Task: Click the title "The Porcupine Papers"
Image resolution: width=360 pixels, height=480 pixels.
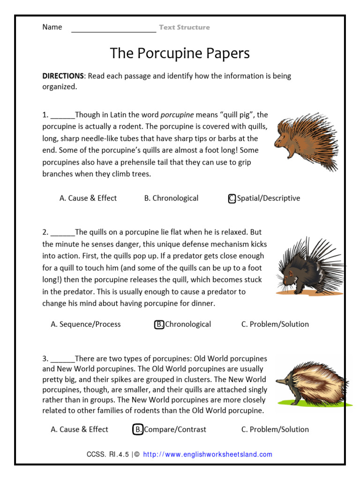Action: coord(180,53)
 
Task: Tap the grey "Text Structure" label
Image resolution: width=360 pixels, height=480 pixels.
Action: coord(184,27)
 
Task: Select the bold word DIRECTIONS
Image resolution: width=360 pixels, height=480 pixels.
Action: coord(63,76)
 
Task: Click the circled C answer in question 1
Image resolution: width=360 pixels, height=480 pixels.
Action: coord(232,198)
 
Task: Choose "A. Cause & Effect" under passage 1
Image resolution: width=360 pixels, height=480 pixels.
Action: coord(88,198)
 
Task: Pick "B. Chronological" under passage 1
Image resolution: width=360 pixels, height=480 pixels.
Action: coord(171,198)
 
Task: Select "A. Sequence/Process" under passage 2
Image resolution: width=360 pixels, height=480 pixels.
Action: coord(85,324)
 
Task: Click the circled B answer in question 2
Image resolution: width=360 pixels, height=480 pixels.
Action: coord(159,324)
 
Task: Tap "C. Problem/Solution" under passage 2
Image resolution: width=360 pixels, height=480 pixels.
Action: coord(275,324)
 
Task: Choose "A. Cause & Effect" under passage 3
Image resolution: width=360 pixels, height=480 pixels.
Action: coord(79,429)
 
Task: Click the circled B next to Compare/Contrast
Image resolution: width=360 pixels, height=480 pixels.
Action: coord(138,429)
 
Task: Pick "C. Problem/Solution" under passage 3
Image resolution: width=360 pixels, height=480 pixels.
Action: coord(275,429)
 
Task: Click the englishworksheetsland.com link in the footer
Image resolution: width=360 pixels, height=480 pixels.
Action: coord(207,454)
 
